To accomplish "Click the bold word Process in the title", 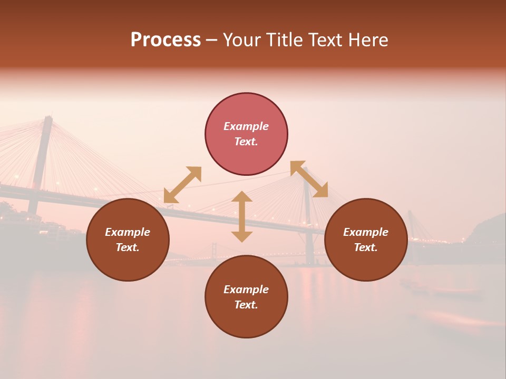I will point(166,40).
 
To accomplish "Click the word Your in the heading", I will point(242,40).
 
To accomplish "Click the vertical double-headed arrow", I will point(242,216).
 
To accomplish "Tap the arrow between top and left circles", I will point(182,185).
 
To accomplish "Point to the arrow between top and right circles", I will point(309,179).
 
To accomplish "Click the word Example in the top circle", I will point(246,126).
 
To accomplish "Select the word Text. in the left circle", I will point(128,247).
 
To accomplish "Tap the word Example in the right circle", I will point(366,232).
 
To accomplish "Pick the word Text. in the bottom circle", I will point(246,305).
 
